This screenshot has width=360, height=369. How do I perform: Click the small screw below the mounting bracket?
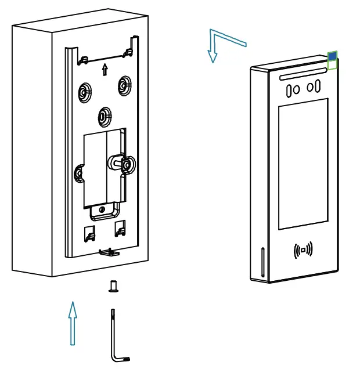(x=113, y=286)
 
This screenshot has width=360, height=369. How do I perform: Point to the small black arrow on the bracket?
(x=105, y=70)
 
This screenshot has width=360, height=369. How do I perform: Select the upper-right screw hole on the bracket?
(x=124, y=85)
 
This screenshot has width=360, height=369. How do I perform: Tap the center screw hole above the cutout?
(x=104, y=116)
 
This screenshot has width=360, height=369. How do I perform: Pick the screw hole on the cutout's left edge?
(x=78, y=172)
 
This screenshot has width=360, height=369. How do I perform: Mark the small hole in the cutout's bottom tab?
(x=102, y=209)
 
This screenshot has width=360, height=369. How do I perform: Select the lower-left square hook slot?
(x=88, y=233)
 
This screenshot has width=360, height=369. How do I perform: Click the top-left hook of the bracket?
(x=83, y=59)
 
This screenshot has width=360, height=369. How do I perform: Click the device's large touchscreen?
(x=303, y=164)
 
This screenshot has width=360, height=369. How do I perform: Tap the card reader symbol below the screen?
(x=303, y=250)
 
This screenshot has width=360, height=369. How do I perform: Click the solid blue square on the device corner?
(x=332, y=56)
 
